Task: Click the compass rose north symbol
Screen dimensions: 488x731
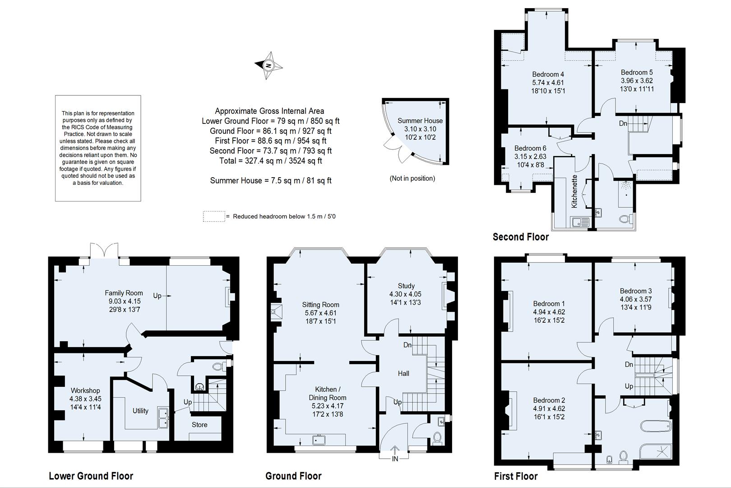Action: (x=269, y=66)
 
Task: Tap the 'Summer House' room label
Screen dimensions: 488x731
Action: (x=420, y=121)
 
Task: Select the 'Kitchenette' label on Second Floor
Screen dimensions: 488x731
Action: (x=574, y=191)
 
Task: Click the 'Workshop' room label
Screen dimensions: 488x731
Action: (x=85, y=390)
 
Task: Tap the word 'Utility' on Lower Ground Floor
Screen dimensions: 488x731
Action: (x=140, y=411)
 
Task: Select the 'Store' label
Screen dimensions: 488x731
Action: (x=199, y=425)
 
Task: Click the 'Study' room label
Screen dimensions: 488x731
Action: (x=406, y=286)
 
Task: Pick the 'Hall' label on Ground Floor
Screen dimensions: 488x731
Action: (x=403, y=373)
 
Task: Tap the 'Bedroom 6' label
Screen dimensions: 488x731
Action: (x=530, y=148)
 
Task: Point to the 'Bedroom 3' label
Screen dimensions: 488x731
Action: (x=636, y=291)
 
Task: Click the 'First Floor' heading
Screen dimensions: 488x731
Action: (x=516, y=476)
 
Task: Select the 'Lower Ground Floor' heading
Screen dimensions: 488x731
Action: (x=91, y=476)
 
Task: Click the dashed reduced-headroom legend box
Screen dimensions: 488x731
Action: (x=214, y=216)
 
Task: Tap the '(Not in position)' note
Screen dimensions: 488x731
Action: (x=412, y=178)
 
